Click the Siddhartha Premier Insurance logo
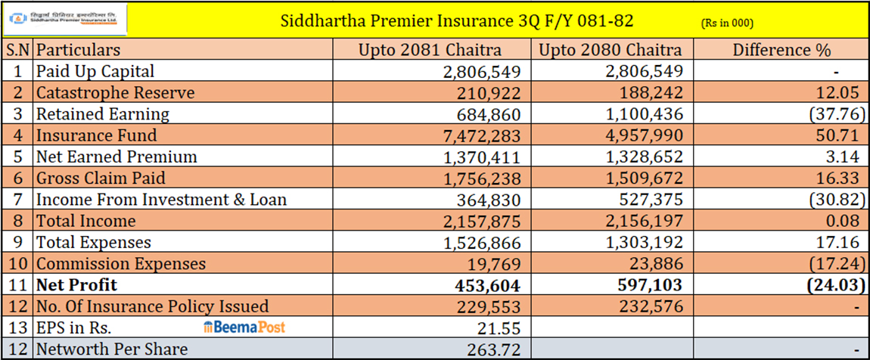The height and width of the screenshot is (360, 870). (64, 20)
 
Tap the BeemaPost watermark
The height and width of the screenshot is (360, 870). (244, 327)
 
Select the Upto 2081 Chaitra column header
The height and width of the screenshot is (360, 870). (430, 51)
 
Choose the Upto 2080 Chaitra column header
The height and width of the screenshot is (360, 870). (611, 51)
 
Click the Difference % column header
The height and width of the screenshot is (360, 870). (781, 51)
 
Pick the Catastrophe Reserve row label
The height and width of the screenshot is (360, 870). (115, 93)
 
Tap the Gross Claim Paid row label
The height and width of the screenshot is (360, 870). (106, 178)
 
